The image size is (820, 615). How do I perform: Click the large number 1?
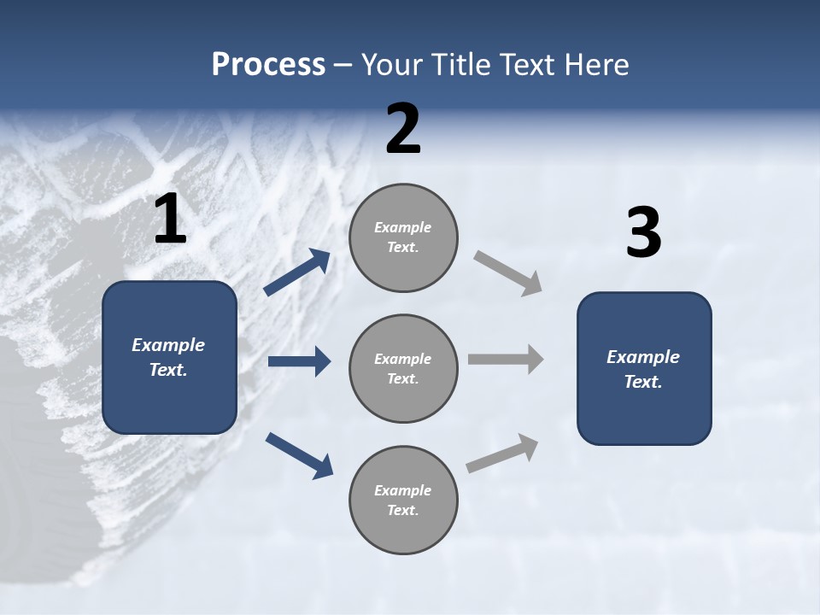tap(170, 220)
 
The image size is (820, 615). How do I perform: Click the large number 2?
tap(403, 130)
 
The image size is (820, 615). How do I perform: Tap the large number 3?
tap(643, 233)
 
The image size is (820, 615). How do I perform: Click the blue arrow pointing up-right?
tap(296, 272)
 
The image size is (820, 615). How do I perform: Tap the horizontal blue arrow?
tap(299, 361)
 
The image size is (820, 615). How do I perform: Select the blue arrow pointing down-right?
tap(299, 455)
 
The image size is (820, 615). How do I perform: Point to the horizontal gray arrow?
tap(506, 359)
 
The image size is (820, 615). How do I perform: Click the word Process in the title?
tap(268, 64)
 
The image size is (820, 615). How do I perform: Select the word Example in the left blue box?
tap(168, 345)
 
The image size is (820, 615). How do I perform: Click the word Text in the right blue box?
tap(642, 382)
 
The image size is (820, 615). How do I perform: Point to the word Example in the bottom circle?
tap(402, 490)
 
